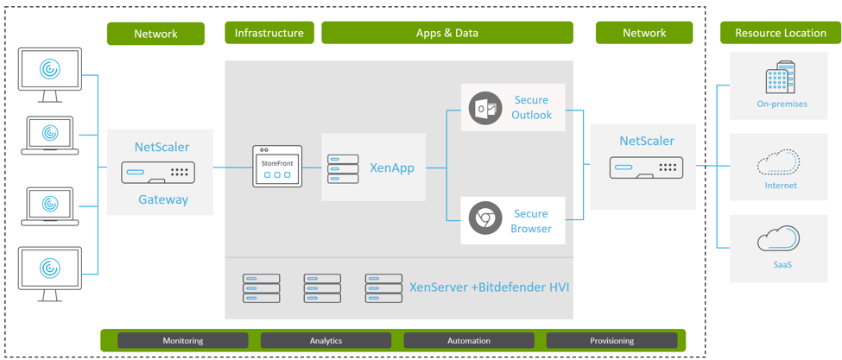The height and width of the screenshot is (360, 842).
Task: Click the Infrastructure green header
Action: tap(269, 33)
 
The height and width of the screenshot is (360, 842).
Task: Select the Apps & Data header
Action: tap(446, 33)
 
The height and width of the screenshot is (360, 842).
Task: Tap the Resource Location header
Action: tap(780, 33)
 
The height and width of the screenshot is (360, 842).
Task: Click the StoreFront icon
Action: tap(277, 167)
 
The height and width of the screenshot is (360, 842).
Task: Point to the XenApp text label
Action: tap(392, 167)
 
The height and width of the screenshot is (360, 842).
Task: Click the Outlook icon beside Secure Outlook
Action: tap(485, 109)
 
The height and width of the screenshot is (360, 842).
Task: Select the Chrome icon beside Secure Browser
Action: tap(485, 219)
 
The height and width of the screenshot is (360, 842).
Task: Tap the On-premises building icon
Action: tap(781, 78)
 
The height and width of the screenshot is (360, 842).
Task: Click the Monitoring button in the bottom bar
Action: tap(183, 341)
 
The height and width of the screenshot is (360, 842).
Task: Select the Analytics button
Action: tap(326, 341)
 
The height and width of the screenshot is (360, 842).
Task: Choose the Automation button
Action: tap(469, 341)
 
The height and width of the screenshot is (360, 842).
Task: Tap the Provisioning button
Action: tap(611, 341)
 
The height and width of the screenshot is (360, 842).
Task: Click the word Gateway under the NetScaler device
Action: tap(163, 199)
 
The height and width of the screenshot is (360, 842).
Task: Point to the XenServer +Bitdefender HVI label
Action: tap(490, 287)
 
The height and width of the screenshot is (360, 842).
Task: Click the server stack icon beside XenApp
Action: tap(343, 167)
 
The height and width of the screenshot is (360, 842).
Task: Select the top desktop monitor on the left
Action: tap(50, 72)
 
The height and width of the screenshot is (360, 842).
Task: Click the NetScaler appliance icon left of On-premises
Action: tap(646, 167)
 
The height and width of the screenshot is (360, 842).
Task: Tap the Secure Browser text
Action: tap(531, 221)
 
